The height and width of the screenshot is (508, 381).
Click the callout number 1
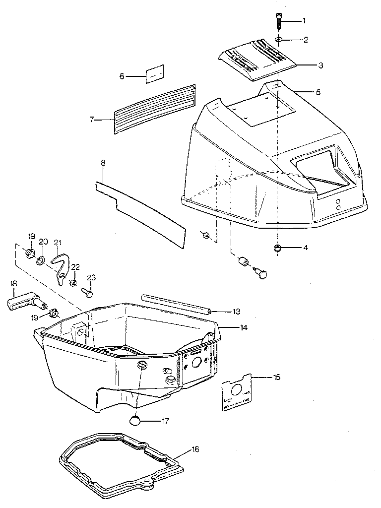coord(304,21)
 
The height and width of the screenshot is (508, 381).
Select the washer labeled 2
coord(279,39)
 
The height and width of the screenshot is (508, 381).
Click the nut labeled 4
coord(277,248)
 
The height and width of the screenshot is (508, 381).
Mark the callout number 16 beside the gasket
coord(196,449)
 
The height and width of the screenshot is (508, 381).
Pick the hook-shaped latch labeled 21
coord(62,266)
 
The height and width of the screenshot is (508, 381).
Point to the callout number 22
coord(75,267)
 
